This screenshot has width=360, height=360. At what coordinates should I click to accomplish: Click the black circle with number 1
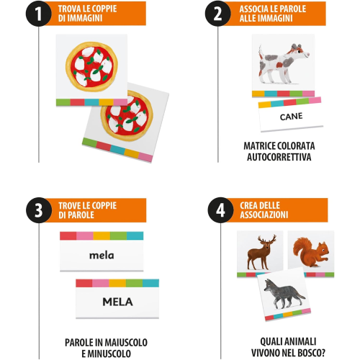[x=38, y=14]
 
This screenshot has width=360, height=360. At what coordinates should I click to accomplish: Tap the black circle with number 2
[x=218, y=14]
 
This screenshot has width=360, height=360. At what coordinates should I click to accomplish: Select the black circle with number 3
[x=39, y=210]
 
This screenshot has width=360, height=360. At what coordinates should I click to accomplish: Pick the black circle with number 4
[x=220, y=210]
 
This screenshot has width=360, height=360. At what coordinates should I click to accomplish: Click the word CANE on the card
[x=291, y=117]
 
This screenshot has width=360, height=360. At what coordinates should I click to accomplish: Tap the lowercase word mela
[x=102, y=256]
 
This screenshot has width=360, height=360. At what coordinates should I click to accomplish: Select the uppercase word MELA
[x=117, y=302]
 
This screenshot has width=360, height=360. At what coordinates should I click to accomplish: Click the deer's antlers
[x=267, y=240]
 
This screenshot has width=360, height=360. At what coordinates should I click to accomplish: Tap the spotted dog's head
[x=300, y=51]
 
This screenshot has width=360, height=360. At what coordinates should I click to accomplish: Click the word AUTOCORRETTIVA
[x=279, y=157]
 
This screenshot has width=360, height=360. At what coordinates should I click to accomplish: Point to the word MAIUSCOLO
[x=127, y=343]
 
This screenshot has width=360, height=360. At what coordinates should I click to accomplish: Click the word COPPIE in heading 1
[x=104, y=9]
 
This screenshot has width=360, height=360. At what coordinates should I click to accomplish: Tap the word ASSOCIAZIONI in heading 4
[x=264, y=215]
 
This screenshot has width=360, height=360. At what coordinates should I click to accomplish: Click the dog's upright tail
[x=261, y=52]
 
